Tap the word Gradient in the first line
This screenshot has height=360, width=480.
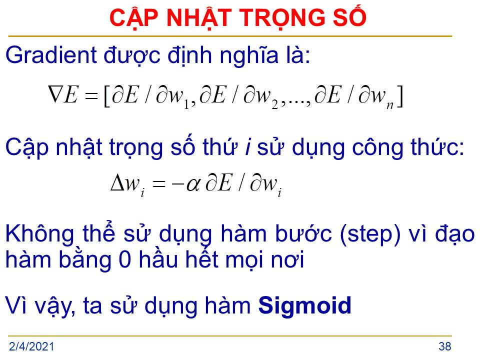pos(51,55)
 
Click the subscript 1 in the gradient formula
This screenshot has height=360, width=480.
pos(186,104)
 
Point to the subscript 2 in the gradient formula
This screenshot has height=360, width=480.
pos(274,104)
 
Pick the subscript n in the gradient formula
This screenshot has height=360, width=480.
pos(389,105)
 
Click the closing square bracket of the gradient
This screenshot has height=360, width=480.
pos(399,96)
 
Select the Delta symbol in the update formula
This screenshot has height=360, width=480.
pos(117,183)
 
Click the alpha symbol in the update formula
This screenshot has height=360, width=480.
pos(193,184)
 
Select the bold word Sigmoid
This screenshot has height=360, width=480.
pos(304,305)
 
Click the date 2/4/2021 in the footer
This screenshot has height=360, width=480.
pos(31,346)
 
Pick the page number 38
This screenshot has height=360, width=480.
pos(445,346)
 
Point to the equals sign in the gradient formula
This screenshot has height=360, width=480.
pos(91,96)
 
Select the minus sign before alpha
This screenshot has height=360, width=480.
pos(178,184)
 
